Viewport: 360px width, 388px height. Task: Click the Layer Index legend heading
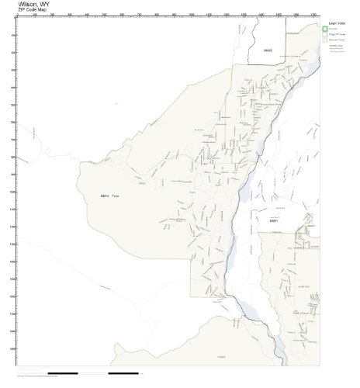click(336, 24)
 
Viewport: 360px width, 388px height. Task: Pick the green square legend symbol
click(325, 29)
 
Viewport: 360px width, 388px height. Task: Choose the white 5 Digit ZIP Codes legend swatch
click(325, 36)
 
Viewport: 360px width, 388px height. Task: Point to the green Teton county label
click(116, 196)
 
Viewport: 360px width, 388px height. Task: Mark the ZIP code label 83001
click(274, 220)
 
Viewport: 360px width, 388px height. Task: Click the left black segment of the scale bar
click(63, 372)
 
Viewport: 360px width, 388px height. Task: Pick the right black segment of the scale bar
click(123, 372)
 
